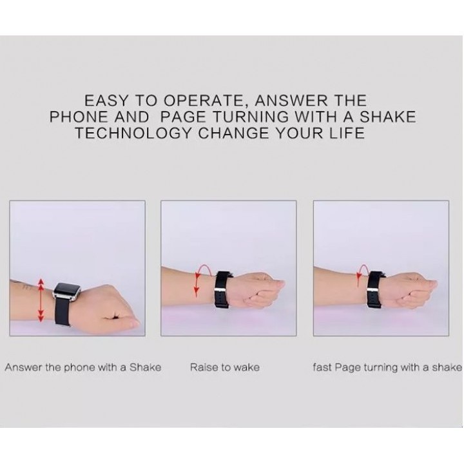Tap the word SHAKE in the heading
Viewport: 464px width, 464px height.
388,117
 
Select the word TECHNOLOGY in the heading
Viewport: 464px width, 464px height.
133,133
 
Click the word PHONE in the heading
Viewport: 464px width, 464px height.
79,117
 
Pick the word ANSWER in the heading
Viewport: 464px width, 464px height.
291,101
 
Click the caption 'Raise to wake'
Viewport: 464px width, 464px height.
225,367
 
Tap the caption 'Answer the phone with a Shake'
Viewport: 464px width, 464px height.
83,367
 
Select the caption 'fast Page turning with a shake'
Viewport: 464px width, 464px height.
387,367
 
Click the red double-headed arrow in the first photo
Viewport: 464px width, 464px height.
41,300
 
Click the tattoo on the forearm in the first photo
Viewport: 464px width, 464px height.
26,286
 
